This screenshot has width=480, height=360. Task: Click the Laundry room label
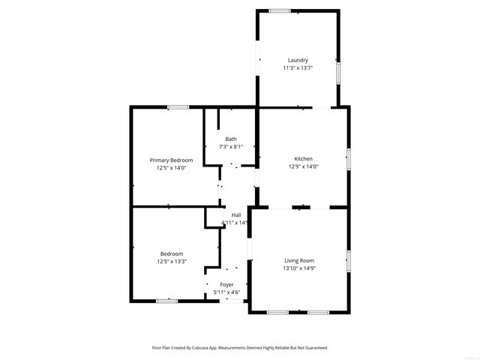298,60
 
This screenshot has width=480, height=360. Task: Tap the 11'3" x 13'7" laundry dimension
298,67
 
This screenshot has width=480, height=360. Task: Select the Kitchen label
303,159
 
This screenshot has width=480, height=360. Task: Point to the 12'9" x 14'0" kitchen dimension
303,166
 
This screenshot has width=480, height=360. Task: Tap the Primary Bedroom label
171,160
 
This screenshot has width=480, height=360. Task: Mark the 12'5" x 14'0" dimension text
171,168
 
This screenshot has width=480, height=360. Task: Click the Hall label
236,215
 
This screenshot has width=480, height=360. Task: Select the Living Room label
298,260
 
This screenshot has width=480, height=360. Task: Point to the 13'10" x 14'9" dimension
298,268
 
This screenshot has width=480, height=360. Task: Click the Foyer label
226,284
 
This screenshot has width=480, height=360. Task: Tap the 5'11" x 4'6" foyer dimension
226,292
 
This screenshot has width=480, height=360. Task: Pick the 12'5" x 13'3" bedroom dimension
171,262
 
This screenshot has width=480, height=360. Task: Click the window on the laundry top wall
280,10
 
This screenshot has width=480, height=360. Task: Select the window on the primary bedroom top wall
178,107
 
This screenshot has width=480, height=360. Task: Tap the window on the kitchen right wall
348,159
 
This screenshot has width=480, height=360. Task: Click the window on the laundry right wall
338,73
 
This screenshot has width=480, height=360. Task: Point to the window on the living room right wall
348,260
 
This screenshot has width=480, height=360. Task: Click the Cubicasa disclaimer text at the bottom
240,348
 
